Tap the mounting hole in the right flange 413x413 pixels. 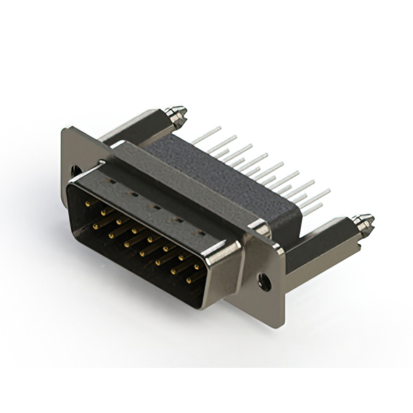(x=264, y=281)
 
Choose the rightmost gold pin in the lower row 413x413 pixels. (x=189, y=281)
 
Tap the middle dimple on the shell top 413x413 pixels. (x=154, y=207)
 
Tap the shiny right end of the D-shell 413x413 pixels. (x=223, y=271)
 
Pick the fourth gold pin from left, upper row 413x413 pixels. (x=134, y=230)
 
